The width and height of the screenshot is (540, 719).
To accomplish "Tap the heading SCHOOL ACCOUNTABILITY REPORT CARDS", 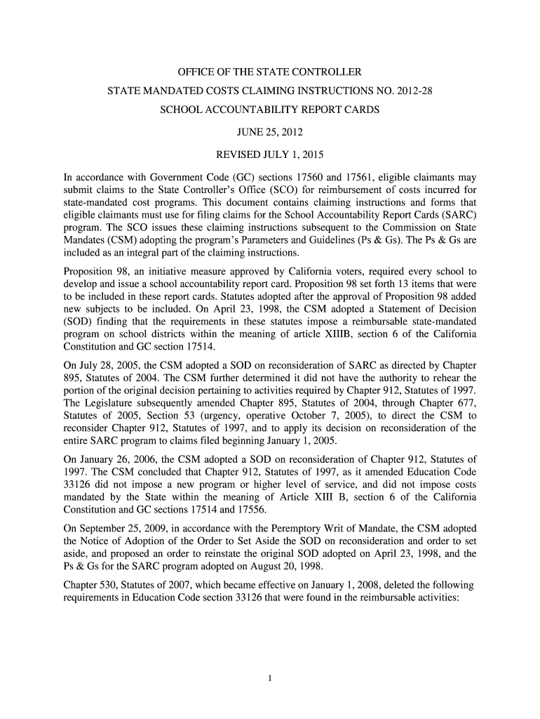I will (269, 111).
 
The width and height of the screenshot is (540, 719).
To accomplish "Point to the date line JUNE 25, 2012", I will (269, 131).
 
